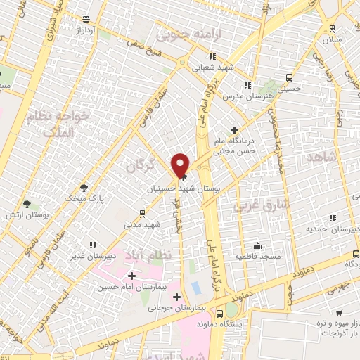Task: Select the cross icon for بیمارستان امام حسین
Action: tap(131, 275)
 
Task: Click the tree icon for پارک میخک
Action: tap(84, 187)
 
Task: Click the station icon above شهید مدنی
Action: tap(143, 212)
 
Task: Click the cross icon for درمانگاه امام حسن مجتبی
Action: tap(235, 131)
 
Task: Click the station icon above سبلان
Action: tap(332, 28)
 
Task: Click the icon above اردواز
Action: tap(86, 19)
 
